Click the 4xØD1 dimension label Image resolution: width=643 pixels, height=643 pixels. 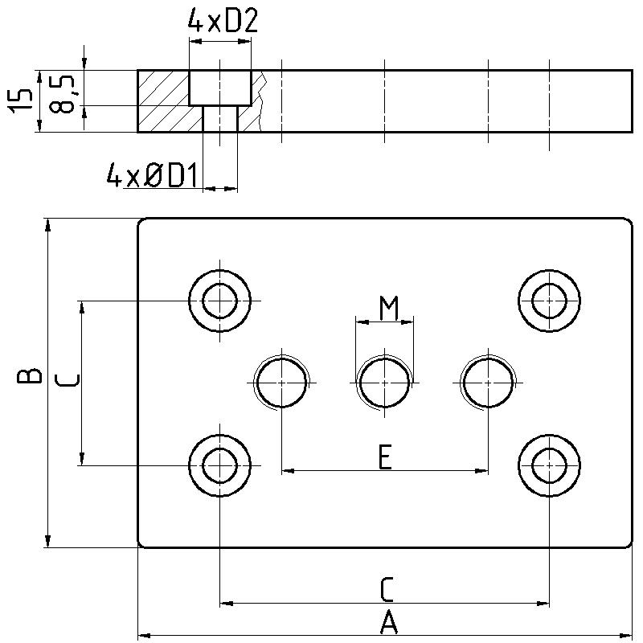[153, 175]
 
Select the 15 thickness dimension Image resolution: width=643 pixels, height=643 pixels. [24, 100]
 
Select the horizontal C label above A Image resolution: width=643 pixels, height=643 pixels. [387, 589]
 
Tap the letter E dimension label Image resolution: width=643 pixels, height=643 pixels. [385, 457]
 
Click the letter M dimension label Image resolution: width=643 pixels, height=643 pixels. [389, 306]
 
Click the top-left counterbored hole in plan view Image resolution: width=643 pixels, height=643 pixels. [219, 301]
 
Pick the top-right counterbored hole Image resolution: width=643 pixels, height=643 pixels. [549, 301]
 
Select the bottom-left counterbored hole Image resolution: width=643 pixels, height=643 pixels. [219, 465]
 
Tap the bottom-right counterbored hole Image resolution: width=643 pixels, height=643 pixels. [549, 465]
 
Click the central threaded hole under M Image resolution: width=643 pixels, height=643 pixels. [385, 383]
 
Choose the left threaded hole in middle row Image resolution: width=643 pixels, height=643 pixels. [281, 383]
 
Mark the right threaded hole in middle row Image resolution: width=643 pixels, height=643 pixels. [488, 383]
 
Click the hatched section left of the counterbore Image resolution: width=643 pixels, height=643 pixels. [164, 100]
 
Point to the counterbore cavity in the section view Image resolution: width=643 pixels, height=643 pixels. [220, 88]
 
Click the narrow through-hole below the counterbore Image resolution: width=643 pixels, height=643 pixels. [219, 119]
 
